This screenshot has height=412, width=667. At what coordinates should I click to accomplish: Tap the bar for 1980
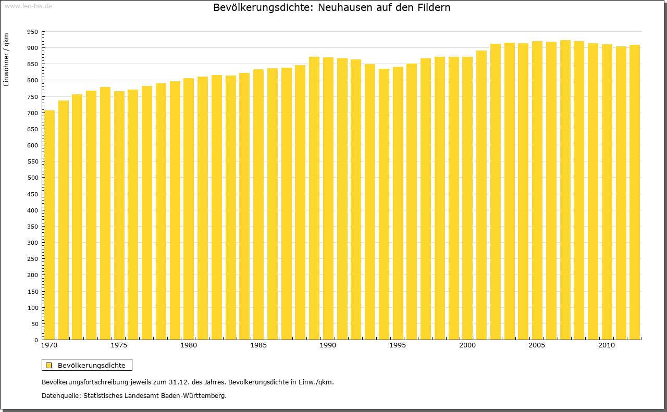pos(189,209)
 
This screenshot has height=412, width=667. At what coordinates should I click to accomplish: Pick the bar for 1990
pos(328,198)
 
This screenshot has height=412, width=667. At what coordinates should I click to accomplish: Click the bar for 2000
pos(467,198)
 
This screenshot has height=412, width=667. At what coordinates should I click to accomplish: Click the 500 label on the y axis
pos(33,178)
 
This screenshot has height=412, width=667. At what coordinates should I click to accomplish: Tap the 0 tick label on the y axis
pos(36,340)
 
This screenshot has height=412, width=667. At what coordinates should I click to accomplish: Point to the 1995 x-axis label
pos(398,345)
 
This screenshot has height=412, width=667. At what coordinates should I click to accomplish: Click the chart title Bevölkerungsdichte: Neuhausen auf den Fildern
pos(332,8)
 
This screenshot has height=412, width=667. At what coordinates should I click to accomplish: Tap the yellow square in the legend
pos(49,366)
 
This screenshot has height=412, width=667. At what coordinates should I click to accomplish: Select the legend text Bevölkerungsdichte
pos(92,366)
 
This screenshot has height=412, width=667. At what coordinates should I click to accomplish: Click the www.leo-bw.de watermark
pos(28,6)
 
